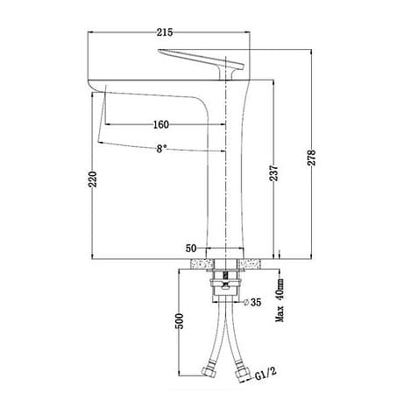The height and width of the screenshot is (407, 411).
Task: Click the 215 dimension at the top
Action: [x=162, y=33]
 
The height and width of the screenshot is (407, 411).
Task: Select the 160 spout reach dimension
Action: [x=159, y=123]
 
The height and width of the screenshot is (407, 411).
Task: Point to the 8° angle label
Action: [x=161, y=149]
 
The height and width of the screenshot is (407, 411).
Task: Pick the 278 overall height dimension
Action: [x=311, y=157]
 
